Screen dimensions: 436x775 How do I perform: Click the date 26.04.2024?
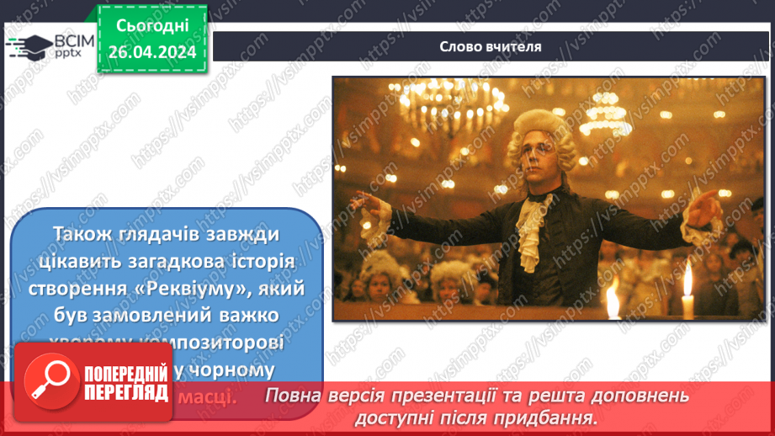point(151,51)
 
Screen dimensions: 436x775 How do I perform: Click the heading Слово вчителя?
point(491,46)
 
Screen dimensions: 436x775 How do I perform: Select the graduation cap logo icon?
point(29,47)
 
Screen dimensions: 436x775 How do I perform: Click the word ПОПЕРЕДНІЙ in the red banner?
point(126,373)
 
